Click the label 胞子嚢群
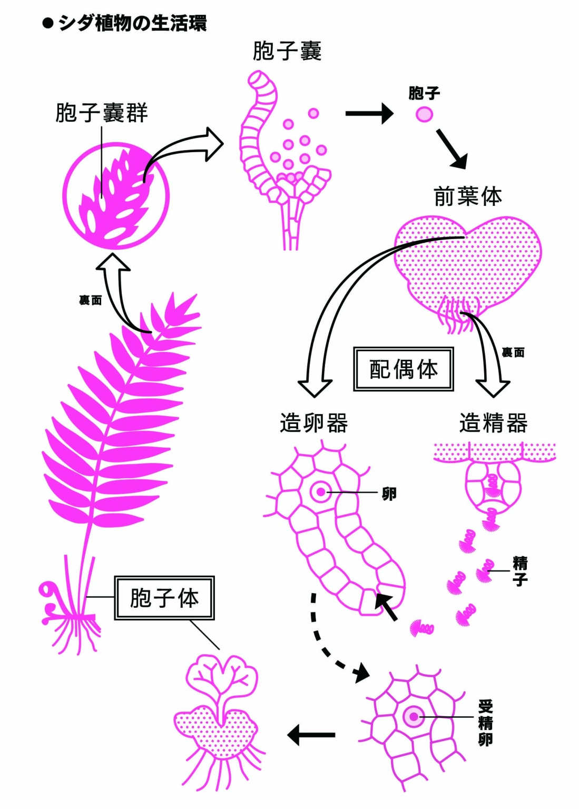(x=102, y=113)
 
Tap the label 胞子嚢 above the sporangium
(x=287, y=52)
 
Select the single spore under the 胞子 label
(x=424, y=114)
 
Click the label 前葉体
(x=468, y=196)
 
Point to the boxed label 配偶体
(x=404, y=369)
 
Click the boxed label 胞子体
(x=164, y=598)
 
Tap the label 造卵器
(x=314, y=423)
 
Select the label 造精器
(x=494, y=423)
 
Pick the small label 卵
(x=389, y=494)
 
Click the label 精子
(x=520, y=571)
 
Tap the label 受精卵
(x=485, y=723)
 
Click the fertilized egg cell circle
(x=414, y=717)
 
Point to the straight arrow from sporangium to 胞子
(x=369, y=113)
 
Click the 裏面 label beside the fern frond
(x=90, y=300)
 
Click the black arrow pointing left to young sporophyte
(x=311, y=734)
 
